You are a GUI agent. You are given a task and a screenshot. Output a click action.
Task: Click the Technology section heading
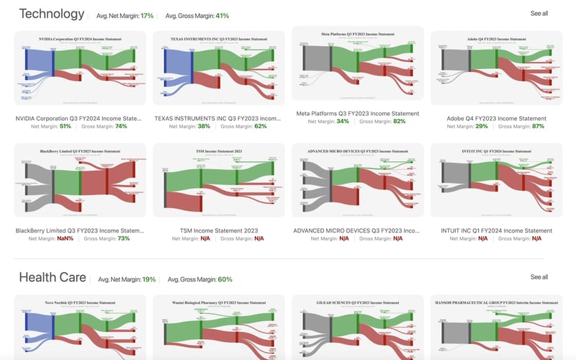[51, 14]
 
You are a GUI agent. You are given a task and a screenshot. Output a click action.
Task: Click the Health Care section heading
[53, 278]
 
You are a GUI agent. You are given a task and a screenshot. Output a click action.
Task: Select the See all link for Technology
[539, 14]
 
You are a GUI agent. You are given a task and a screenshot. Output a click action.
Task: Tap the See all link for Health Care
[539, 277]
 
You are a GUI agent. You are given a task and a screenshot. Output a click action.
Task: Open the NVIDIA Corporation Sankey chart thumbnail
[80, 68]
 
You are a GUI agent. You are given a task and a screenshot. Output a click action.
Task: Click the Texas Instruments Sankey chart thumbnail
[219, 68]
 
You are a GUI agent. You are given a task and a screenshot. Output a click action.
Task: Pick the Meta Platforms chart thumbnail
[357, 63]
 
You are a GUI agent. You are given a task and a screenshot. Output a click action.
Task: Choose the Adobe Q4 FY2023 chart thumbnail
[496, 68]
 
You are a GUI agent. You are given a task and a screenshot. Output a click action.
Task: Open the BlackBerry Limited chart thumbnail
[80, 180]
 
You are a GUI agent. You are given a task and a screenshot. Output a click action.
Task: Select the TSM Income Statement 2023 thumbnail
[219, 180]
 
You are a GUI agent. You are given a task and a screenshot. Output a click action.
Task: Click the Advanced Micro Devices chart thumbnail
[357, 180]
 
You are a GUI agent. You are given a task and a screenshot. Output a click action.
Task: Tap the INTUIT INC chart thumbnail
[496, 180]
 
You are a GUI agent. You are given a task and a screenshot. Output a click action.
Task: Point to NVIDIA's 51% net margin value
[65, 126]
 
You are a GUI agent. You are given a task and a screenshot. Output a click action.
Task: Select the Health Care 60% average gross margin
[225, 279]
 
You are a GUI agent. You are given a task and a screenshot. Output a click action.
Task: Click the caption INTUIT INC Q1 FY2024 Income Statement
[496, 231]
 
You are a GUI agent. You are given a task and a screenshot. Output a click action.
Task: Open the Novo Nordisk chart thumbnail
[80, 328]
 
